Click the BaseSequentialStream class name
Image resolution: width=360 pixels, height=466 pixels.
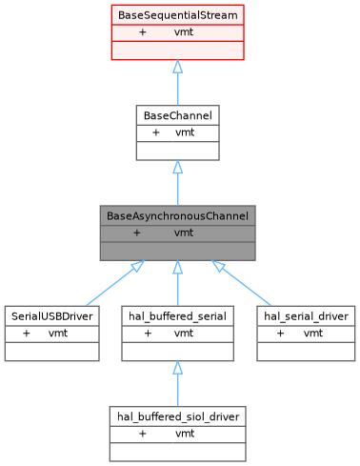(177, 16)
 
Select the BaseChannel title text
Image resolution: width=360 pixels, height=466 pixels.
(177, 115)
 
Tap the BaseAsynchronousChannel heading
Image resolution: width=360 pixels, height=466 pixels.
(177, 215)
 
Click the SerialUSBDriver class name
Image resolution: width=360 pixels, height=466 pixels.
(51, 315)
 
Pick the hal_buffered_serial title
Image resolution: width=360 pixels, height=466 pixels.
(177, 315)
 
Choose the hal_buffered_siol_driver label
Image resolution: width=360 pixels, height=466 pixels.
(177, 415)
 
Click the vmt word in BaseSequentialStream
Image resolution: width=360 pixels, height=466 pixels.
(185, 32)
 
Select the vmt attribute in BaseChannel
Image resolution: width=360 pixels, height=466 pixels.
(185, 132)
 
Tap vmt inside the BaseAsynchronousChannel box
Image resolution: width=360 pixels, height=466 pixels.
(185, 232)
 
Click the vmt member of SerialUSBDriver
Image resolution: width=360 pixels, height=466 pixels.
(58, 333)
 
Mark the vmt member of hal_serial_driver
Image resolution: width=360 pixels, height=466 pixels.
(312, 333)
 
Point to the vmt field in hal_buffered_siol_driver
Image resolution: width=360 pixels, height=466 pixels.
(185, 433)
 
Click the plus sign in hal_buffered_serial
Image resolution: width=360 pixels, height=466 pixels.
(148, 333)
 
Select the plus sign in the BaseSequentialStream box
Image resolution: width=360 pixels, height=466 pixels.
(143, 32)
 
